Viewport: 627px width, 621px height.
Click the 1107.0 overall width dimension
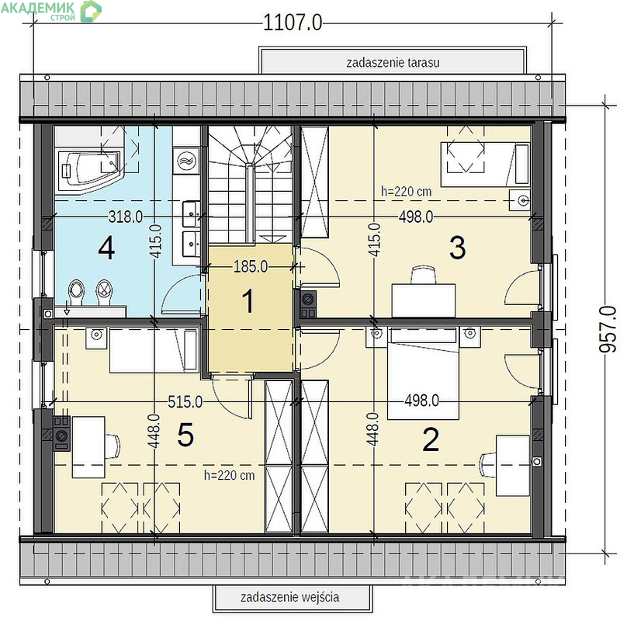click(x=293, y=23)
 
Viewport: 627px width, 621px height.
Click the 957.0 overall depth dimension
click(x=608, y=329)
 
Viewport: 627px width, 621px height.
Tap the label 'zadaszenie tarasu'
click(x=393, y=62)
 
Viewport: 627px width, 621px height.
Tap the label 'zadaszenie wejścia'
click(x=290, y=597)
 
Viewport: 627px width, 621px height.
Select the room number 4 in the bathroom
click(x=106, y=248)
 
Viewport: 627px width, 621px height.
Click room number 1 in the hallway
click(x=248, y=301)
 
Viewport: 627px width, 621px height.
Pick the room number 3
click(x=458, y=248)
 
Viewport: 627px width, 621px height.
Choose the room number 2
click(x=431, y=439)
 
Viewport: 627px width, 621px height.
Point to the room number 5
click(x=185, y=435)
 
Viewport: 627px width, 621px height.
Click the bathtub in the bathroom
click(x=89, y=170)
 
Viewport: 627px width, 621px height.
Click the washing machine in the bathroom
click(x=186, y=161)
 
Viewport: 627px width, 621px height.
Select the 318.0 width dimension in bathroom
click(x=126, y=217)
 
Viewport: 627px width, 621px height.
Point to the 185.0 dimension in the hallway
click(x=251, y=266)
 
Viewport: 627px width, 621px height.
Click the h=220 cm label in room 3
click(x=407, y=191)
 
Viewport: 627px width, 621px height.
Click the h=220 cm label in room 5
click(x=229, y=475)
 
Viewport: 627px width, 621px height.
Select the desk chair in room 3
click(x=424, y=275)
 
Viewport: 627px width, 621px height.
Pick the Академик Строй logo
click(x=50, y=10)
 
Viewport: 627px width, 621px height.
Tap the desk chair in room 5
click(x=113, y=446)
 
